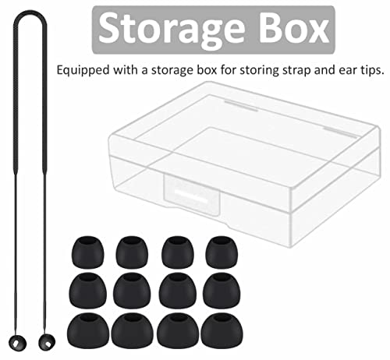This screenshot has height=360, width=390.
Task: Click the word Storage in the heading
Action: tap(172, 30)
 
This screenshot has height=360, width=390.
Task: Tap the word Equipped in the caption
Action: tap(83, 71)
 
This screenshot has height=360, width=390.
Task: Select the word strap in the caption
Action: tap(297, 71)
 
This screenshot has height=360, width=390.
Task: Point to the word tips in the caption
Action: tap(371, 71)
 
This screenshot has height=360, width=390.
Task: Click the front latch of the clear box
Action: tap(192, 194)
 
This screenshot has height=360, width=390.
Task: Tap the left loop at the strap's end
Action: tap(17, 343)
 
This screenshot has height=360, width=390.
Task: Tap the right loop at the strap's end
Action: tap(47, 342)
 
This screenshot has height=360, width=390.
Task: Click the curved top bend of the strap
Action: tap(30, 13)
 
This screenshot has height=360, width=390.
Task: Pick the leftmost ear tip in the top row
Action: tap(87, 252)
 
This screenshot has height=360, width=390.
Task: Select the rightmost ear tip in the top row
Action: tap(222, 252)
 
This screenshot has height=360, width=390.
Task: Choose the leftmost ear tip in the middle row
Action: tap(87, 291)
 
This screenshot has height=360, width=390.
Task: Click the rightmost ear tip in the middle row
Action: tap(222, 291)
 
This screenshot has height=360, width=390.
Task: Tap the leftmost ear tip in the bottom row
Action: tap(88, 331)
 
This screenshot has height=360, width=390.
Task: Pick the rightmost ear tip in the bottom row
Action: tap(222, 330)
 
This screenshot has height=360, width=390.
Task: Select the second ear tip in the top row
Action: tap(132, 252)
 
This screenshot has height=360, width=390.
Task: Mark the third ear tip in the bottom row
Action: tap(178, 331)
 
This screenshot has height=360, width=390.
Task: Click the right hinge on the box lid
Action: tap(341, 132)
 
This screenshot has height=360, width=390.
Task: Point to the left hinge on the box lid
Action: tap(241, 106)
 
